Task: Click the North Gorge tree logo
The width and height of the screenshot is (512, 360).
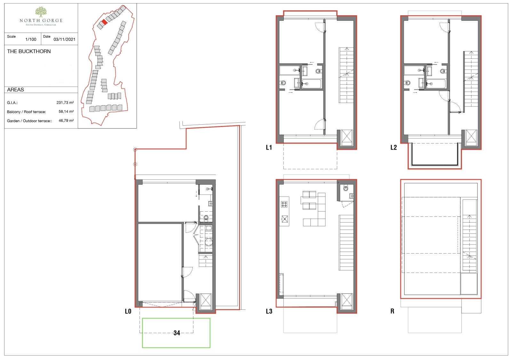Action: point(41,12)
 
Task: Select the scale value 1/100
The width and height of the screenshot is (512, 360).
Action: point(31,40)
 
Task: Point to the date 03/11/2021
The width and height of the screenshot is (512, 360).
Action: point(64,40)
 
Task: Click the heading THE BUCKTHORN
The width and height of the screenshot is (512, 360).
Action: point(29,51)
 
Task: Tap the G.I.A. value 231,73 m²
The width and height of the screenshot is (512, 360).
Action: point(65,103)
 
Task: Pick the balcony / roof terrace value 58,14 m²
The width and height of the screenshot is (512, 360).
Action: point(66,112)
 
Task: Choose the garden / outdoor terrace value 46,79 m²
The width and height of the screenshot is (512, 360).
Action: point(66,121)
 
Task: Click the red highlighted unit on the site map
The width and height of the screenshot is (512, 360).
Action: point(104,22)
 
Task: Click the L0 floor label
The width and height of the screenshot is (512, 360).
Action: point(128,311)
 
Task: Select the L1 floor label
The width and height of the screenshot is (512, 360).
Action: point(269,148)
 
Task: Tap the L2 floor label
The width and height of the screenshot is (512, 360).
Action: point(394,148)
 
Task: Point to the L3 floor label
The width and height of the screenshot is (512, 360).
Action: point(269,311)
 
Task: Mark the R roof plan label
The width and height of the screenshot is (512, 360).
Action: point(392,311)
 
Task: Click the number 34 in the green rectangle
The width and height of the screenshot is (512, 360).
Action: point(177,333)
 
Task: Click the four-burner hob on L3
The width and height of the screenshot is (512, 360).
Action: point(284,204)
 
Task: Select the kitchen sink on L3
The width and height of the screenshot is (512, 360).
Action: point(284,219)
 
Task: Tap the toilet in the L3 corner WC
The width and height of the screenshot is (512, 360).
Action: point(346,188)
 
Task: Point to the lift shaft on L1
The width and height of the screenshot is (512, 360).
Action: point(347,138)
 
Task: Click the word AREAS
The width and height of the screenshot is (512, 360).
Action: point(16,90)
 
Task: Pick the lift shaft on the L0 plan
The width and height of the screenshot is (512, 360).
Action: point(205,301)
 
